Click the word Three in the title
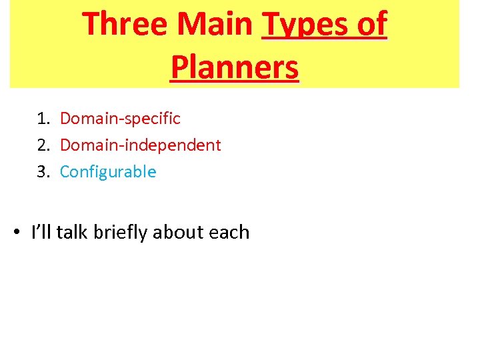pyautogui.click(x=125, y=25)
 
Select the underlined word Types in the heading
pyautogui.click(x=304, y=25)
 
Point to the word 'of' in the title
pyautogui.click(x=369, y=25)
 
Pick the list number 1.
pyautogui.click(x=43, y=119)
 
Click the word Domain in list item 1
pyautogui.click(x=86, y=119)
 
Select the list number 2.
pyautogui.click(x=43, y=145)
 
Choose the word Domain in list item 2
pyautogui.click(x=86, y=145)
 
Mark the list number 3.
pyautogui.click(x=43, y=172)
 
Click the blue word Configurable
pyautogui.click(x=108, y=172)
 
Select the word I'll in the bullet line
pyautogui.click(x=42, y=232)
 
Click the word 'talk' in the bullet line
pyautogui.click(x=73, y=232)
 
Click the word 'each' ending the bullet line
pyautogui.click(x=229, y=232)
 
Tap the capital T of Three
pyautogui.click(x=91, y=25)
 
